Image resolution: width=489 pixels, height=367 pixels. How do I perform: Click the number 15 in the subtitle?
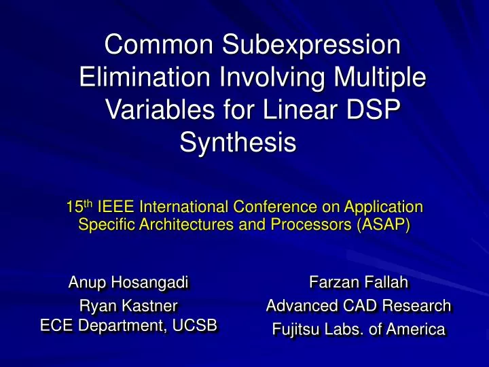tap(73, 207)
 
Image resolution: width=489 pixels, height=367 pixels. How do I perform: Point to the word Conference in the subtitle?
tap(270, 207)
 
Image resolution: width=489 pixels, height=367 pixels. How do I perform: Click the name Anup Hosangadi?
tap(129, 282)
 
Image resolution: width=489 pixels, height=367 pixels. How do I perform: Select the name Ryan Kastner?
tap(129, 306)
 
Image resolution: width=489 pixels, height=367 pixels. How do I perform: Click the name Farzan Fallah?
tap(359, 282)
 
